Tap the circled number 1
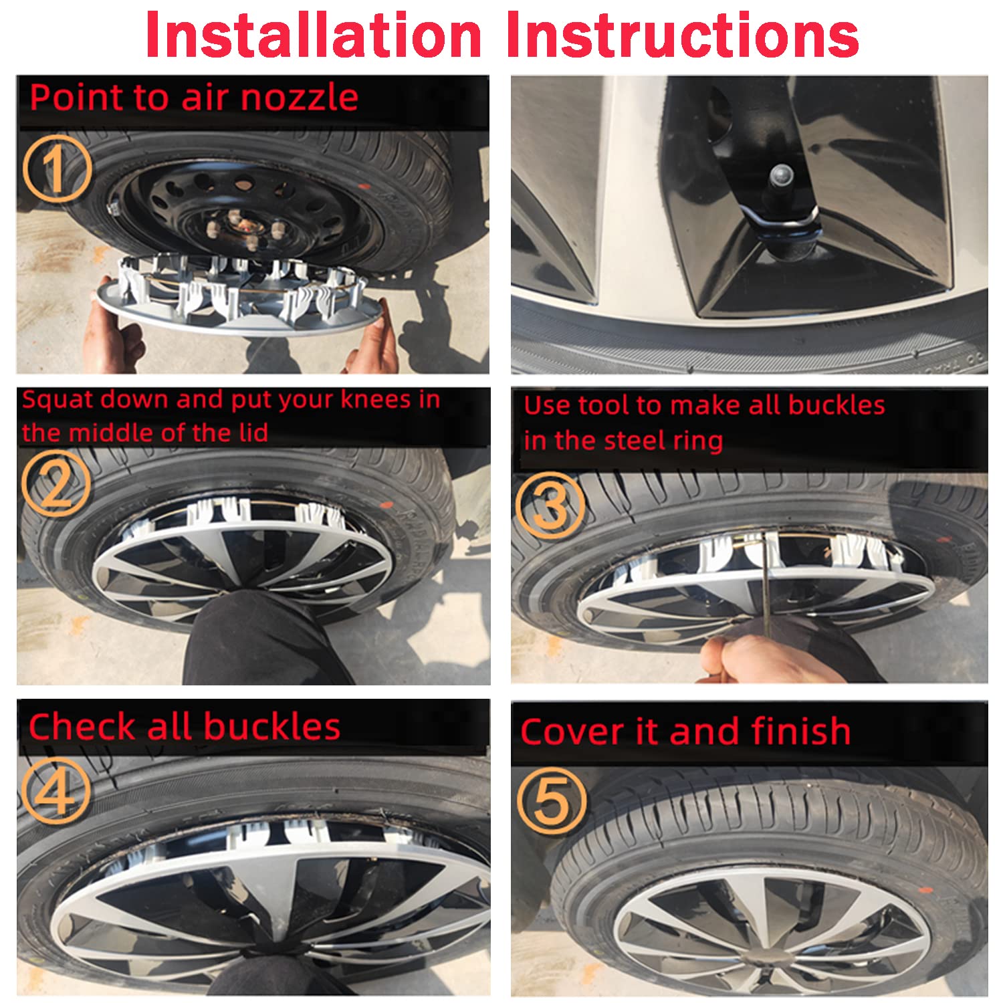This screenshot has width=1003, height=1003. (x=56, y=169)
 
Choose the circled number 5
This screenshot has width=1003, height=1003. (x=551, y=800)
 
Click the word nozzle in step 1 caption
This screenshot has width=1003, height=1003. (x=299, y=98)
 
